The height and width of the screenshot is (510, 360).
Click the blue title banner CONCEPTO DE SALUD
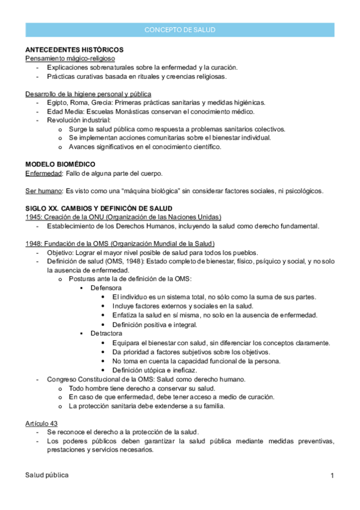point(180,29)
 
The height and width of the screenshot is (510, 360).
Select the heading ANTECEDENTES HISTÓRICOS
point(75,49)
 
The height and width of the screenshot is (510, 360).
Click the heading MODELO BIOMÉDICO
point(60,164)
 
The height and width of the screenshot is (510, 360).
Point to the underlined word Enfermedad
point(44,173)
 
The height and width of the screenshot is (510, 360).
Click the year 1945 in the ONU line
point(33,217)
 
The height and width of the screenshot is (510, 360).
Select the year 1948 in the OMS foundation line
point(33,244)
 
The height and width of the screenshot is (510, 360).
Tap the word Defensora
point(106,289)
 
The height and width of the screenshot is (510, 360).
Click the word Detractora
point(106,333)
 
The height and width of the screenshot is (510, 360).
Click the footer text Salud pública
point(47,475)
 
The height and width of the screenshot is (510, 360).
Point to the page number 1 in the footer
point(332,476)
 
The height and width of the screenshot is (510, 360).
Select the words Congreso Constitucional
point(84,379)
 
